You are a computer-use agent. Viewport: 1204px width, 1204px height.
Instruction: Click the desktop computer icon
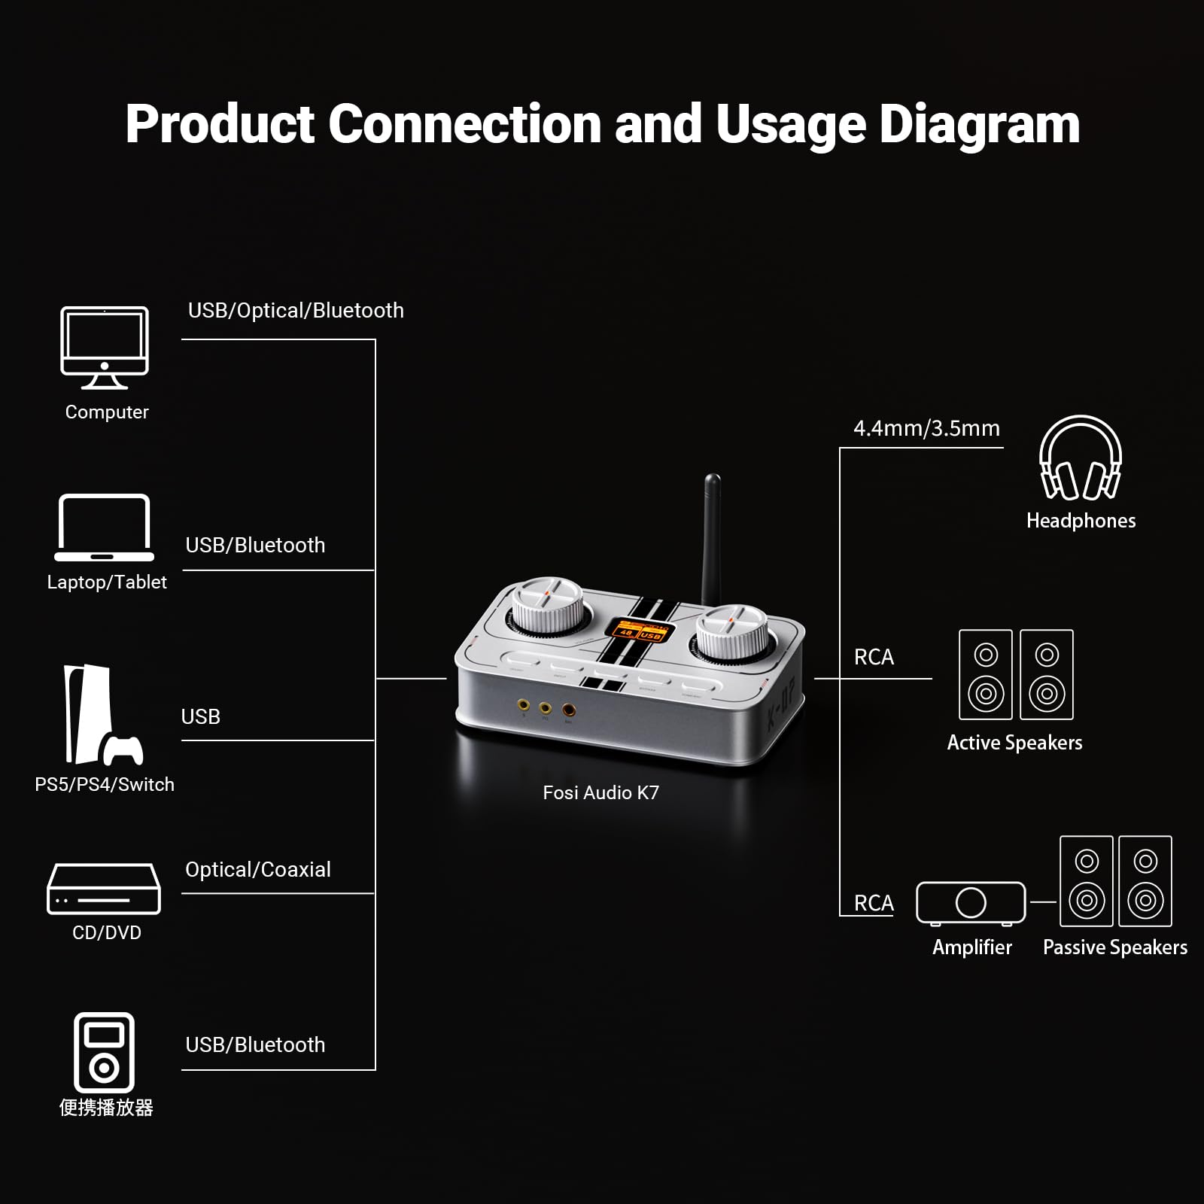pyautogui.click(x=105, y=347)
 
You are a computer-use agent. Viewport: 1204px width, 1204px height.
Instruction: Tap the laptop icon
pyautogui.click(x=104, y=528)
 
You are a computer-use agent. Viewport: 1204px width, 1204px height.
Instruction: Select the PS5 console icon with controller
pyautogui.click(x=101, y=715)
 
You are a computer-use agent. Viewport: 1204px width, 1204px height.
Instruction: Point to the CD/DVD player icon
pyautogui.click(x=104, y=889)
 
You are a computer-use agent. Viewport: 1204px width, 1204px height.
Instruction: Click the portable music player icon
pyautogui.click(x=104, y=1052)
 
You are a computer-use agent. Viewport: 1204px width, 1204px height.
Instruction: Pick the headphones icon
pyautogui.click(x=1080, y=458)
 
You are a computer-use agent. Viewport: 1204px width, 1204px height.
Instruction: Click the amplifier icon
pyautogui.click(x=971, y=902)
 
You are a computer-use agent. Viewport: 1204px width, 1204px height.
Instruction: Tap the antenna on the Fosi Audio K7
pyautogui.click(x=712, y=538)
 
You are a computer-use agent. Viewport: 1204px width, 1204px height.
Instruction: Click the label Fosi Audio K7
pyautogui.click(x=600, y=792)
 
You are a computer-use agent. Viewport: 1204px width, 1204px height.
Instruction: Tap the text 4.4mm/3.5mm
pyautogui.click(x=926, y=428)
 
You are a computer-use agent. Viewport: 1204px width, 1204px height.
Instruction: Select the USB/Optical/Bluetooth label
pyautogui.click(x=296, y=310)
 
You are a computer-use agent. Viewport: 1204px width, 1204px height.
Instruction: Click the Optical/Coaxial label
pyautogui.click(x=258, y=869)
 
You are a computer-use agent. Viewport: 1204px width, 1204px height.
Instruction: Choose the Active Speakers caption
pyautogui.click(x=1014, y=743)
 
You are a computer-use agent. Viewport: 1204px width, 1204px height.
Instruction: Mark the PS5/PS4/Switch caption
pyautogui.click(x=105, y=784)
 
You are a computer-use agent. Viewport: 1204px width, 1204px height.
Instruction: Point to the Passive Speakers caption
pyautogui.click(x=1114, y=947)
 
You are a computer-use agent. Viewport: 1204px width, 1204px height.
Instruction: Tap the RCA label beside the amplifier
pyautogui.click(x=874, y=903)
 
